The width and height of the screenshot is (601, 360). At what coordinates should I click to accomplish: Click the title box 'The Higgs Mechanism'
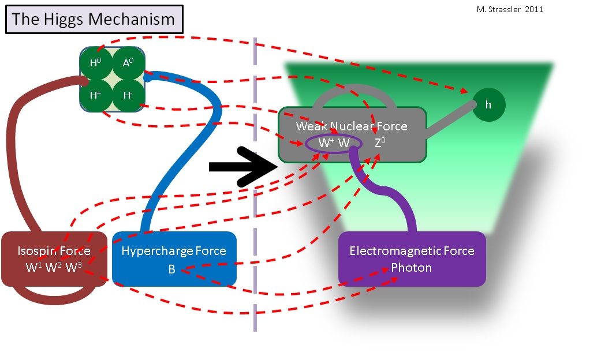94,19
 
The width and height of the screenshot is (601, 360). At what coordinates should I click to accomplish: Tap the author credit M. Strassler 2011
506,9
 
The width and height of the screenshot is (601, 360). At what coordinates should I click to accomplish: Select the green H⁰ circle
96,63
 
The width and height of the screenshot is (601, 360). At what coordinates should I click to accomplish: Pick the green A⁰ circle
128,63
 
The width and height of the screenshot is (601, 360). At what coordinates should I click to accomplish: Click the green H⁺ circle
96,94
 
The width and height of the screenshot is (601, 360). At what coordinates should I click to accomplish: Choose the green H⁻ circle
128,94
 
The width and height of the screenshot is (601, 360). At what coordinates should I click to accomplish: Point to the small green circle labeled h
488,105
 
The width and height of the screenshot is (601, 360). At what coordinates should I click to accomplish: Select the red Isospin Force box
54,258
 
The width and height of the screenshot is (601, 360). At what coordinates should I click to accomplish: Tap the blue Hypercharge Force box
174,258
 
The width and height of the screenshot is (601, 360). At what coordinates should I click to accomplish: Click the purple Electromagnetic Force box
412,258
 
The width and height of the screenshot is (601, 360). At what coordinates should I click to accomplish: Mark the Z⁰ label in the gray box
380,142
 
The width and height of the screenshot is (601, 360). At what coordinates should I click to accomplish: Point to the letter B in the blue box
171,269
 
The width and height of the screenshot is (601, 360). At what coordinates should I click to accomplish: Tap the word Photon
411,268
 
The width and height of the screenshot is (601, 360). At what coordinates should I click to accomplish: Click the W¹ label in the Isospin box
33,268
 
